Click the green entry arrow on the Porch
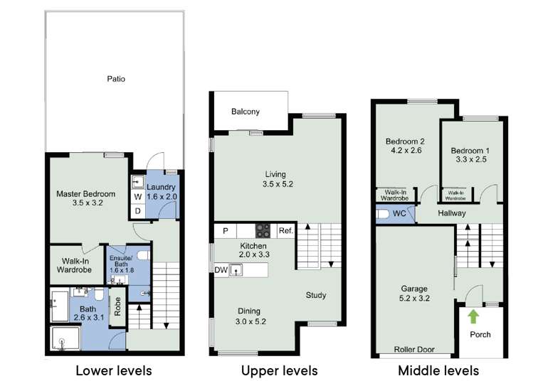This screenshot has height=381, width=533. [473, 317]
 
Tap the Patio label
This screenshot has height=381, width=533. [116, 79]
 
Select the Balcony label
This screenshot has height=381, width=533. [246, 112]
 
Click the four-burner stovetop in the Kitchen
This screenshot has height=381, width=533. [263, 230]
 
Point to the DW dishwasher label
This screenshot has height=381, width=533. [221, 270]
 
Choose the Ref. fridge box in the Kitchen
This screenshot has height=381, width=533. [286, 230]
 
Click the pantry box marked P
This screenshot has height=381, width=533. [225, 231]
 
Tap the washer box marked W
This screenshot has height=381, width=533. [137, 197]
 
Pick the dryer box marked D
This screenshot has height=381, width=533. [137, 211]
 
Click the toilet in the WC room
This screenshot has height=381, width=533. [383, 214]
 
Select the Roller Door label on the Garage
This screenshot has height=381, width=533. [414, 350]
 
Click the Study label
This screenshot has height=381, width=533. [316, 295]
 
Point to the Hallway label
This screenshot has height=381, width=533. [452, 213]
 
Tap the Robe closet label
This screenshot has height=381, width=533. [117, 306]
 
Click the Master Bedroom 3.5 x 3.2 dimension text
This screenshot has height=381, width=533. [88, 203]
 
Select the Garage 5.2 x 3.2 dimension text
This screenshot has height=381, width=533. [414, 298]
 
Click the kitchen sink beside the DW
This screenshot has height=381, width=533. [236, 270]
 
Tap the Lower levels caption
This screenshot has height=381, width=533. [114, 370]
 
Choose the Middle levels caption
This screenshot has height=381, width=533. [438, 370]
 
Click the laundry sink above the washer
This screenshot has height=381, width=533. [137, 182]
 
